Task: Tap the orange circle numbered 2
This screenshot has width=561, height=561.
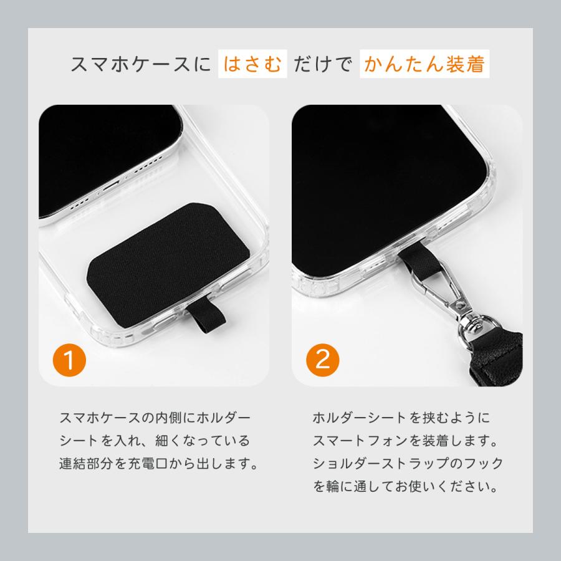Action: (x=323, y=360)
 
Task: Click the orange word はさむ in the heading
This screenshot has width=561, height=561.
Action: (x=252, y=64)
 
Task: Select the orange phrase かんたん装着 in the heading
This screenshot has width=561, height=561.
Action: (x=424, y=64)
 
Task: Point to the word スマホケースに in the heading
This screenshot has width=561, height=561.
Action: (x=141, y=64)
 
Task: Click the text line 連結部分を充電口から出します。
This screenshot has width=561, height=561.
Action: (x=158, y=464)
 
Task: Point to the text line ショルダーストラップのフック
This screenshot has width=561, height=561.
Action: (x=407, y=464)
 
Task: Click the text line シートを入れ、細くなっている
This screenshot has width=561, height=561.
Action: (x=154, y=441)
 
